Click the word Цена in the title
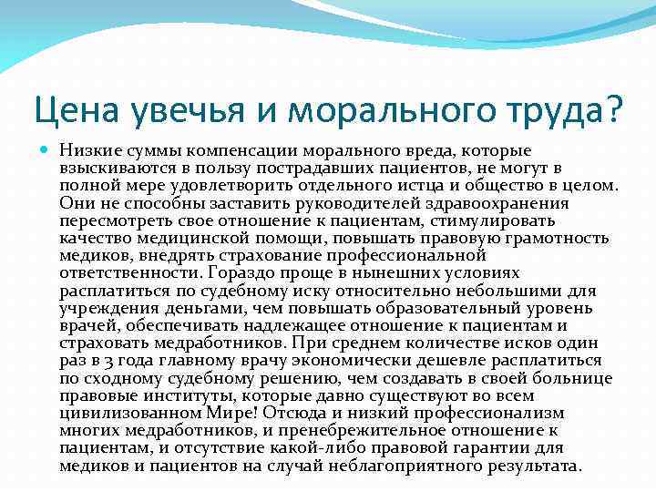78,111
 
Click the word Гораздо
240,272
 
